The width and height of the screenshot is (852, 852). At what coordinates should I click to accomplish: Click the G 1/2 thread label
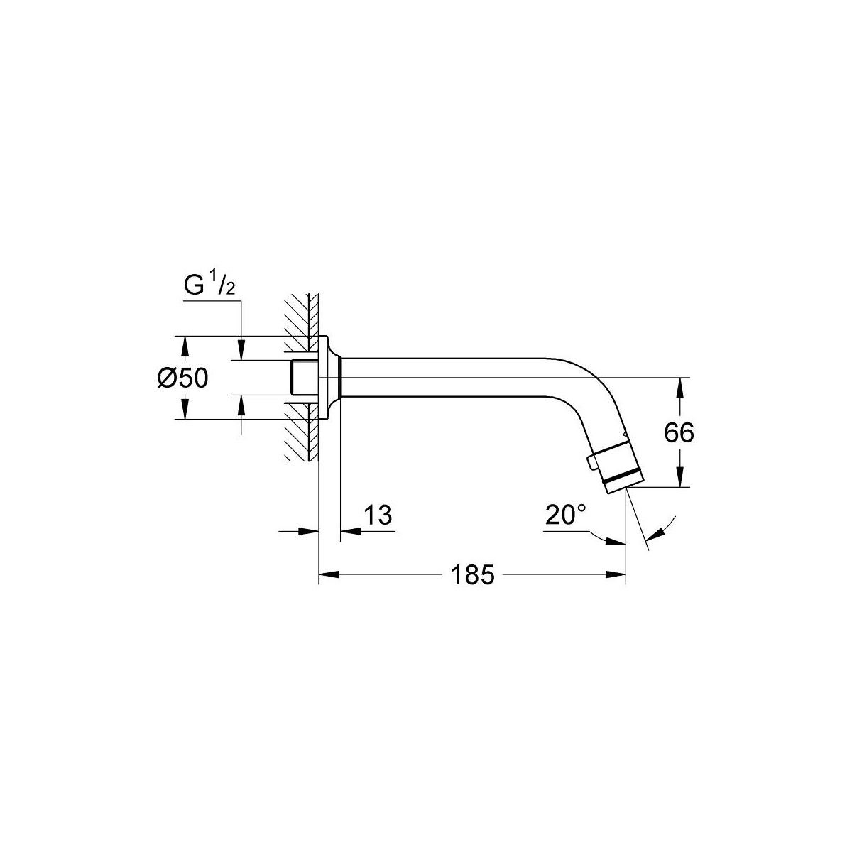coord(209,285)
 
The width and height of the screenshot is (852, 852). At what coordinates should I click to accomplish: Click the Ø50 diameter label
coord(182,378)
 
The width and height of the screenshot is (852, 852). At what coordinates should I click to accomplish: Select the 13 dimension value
coord(378,515)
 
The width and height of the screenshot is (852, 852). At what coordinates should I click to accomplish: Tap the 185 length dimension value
coord(472,576)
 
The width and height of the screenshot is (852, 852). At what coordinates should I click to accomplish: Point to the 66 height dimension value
coord(679,433)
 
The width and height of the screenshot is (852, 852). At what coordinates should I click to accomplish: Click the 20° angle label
coord(565,514)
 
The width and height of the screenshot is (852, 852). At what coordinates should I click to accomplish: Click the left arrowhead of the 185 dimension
coord(329,574)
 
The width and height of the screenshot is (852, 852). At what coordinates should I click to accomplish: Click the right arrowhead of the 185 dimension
coord(616,574)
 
